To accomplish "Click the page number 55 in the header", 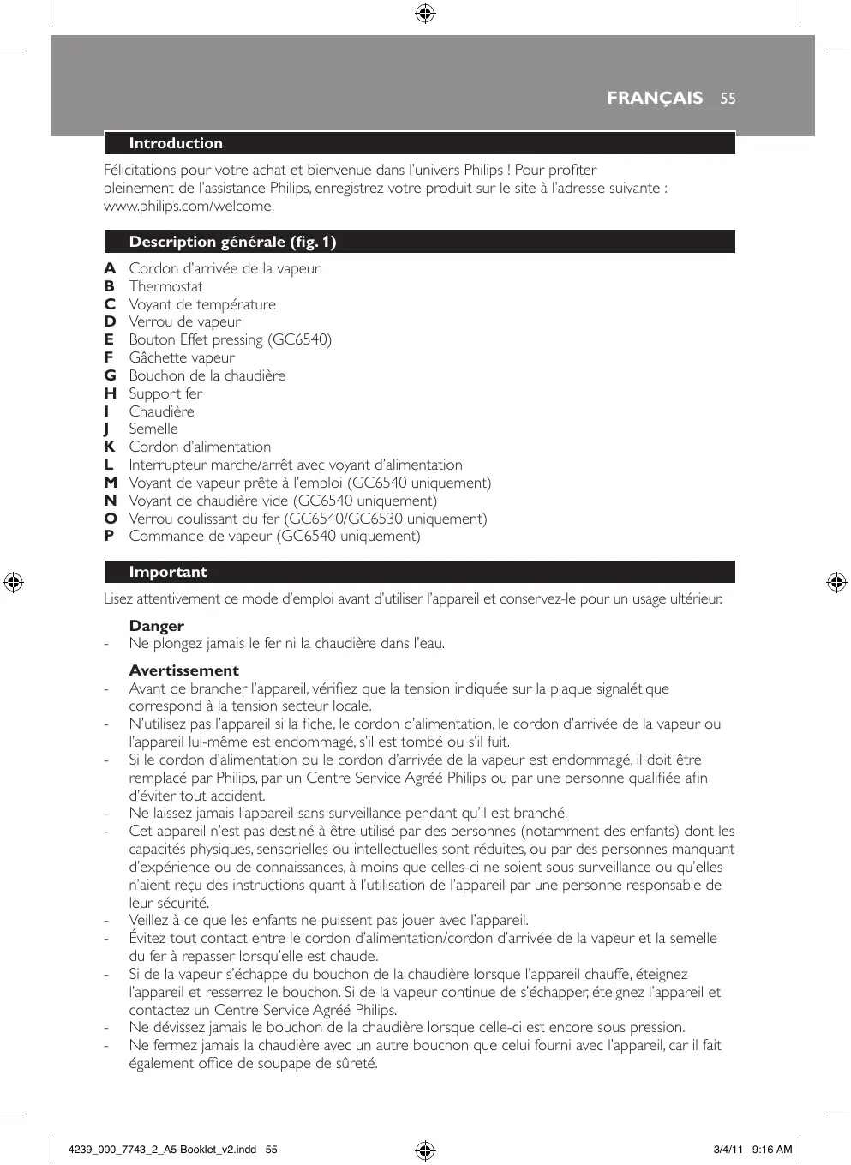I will coord(728,99).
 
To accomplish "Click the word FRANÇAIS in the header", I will coord(655,99).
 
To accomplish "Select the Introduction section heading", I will coord(176,143).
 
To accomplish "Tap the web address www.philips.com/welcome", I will coord(189,206).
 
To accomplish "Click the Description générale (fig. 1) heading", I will coord(232,242).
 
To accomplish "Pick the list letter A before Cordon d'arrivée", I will coord(110,268).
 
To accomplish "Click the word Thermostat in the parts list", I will coord(165,286).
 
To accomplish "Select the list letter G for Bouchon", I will coord(110,375).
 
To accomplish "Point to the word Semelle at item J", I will coord(153,429).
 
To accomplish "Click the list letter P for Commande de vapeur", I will coord(109,536).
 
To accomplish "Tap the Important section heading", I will coord(168,572).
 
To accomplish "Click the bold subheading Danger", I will coord(157,626).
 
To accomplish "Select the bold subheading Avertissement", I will coord(184,670).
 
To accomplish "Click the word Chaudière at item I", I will coord(161,411).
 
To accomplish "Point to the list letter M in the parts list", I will coord(111,483).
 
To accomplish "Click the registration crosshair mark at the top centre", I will coord(425,14).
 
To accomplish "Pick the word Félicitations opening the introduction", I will coord(140,170).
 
